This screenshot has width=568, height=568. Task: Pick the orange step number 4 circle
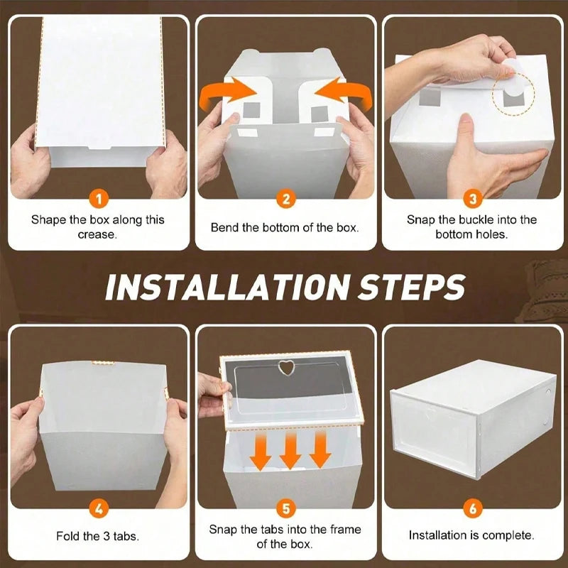point(99,508)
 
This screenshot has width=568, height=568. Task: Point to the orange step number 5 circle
point(285,508)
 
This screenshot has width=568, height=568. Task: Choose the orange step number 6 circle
point(472,508)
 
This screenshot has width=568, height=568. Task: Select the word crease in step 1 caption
point(97,234)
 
